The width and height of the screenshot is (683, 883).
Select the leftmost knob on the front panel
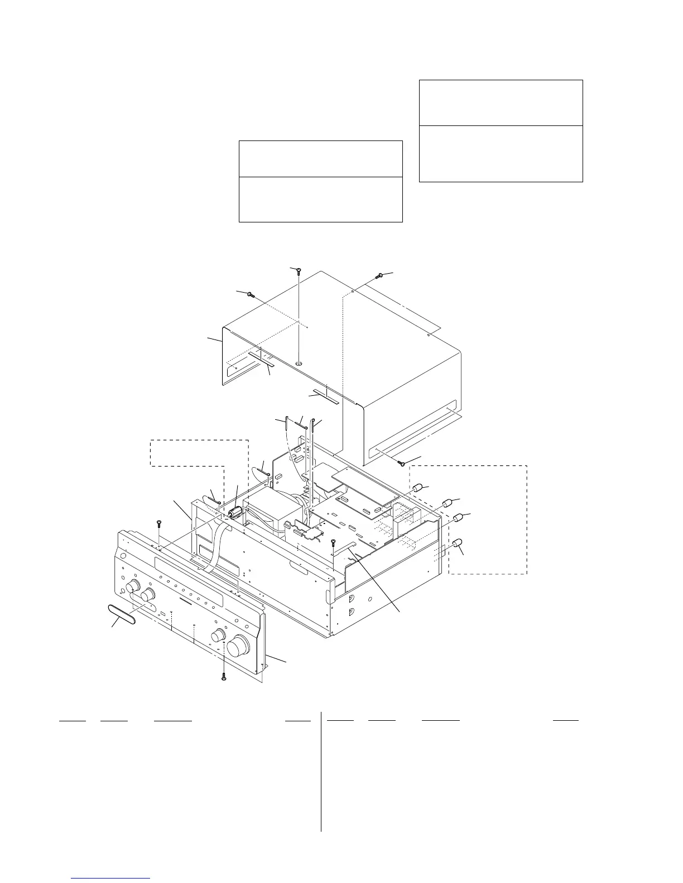click(133, 586)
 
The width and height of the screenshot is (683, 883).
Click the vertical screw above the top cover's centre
click(298, 271)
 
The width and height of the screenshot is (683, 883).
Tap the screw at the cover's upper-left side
click(249, 295)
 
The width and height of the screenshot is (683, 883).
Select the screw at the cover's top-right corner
click(380, 275)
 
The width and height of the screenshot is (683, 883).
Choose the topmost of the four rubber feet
click(416, 488)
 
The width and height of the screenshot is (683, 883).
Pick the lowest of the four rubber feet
click(458, 543)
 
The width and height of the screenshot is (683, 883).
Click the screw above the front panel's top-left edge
click(159, 523)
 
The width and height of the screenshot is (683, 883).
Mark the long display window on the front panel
click(190, 576)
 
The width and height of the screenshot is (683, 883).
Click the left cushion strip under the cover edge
click(261, 358)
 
